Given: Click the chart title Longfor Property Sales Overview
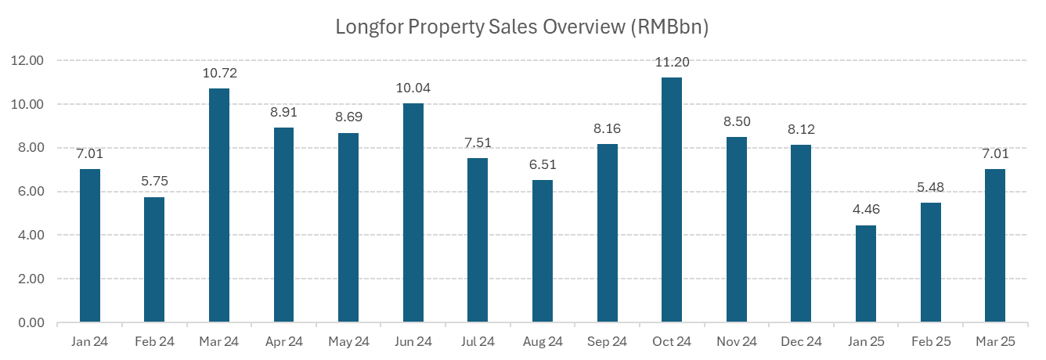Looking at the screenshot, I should pyautogui.click(x=522, y=27).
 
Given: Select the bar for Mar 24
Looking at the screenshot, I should pyautogui.click(x=219, y=205).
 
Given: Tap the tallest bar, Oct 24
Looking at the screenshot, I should pyautogui.click(x=671, y=200).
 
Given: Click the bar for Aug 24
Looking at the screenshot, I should pyautogui.click(x=542, y=251).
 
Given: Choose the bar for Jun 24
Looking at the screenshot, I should pyautogui.click(x=413, y=212).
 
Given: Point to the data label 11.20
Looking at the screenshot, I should pyautogui.click(x=671, y=63).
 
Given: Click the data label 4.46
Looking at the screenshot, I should pyautogui.click(x=865, y=210).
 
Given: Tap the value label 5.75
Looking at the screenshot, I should pyautogui.click(x=154, y=182).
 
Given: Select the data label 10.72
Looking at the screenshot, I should pyautogui.click(x=219, y=74).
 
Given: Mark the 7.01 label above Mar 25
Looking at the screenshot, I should pyautogui.click(x=994, y=154).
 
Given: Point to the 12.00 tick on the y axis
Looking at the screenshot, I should pyautogui.click(x=27, y=60).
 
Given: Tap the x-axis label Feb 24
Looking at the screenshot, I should pyautogui.click(x=154, y=341).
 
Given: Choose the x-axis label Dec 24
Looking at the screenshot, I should pyautogui.click(x=800, y=341).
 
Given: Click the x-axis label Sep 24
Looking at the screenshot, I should pyautogui.click(x=607, y=341).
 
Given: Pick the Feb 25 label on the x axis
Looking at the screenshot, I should pyautogui.click(x=929, y=341).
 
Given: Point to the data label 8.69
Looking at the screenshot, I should pyautogui.click(x=348, y=117).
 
